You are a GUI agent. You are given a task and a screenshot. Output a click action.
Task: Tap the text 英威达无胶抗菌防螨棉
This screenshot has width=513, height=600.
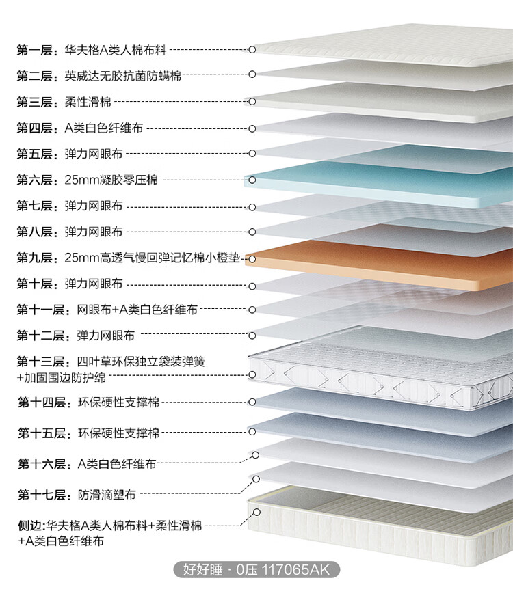123,76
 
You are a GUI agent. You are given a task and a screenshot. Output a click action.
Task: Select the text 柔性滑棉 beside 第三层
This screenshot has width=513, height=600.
88,102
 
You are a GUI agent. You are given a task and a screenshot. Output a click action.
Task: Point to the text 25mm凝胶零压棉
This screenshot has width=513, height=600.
111,180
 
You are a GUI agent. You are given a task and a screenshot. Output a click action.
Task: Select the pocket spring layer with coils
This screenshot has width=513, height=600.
383,372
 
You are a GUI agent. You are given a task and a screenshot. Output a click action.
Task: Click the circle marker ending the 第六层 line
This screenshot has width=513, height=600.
252,180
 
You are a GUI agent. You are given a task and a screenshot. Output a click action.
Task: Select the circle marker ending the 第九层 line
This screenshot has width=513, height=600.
252,258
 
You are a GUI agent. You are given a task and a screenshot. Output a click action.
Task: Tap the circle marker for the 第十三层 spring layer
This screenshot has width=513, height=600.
252,375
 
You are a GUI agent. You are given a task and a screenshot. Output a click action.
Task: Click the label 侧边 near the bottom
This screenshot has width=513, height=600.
30,526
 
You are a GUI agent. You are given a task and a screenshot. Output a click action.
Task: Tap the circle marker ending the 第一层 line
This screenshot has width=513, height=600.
252,50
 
